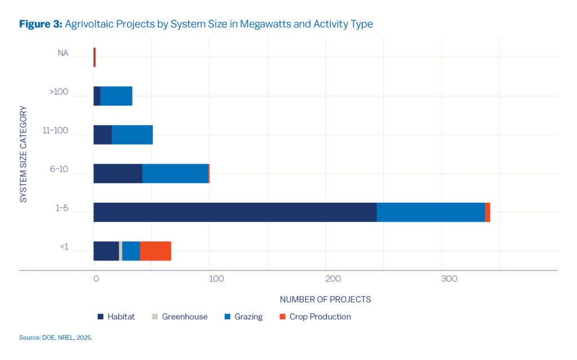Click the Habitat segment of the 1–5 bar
pyautogui.click(x=235, y=212)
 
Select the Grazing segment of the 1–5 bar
pyautogui.click(x=430, y=212)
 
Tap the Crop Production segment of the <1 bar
pyautogui.click(x=156, y=251)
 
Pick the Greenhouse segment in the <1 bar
pyautogui.click(x=121, y=251)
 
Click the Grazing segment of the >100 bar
pyautogui.click(x=116, y=96)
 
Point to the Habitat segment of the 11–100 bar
pyautogui.click(x=103, y=135)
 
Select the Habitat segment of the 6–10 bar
pyautogui.click(x=118, y=174)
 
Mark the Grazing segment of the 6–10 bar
pyautogui.click(x=175, y=174)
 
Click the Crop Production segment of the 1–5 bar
pyautogui.click(x=487, y=212)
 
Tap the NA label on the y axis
pyautogui.click(x=63, y=54)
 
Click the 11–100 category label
pyautogui.click(x=55, y=131)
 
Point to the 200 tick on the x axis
pyautogui.click(x=332, y=279)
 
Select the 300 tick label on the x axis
pyautogui.click(x=449, y=279)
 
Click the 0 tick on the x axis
pyautogui.click(x=96, y=279)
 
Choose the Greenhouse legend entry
pyautogui.click(x=184, y=317)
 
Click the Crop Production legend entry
pyautogui.click(x=319, y=317)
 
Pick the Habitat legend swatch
pyautogui.click(x=100, y=317)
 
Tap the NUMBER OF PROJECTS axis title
pyautogui.click(x=325, y=299)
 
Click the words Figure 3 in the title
pyautogui.click(x=41, y=24)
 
